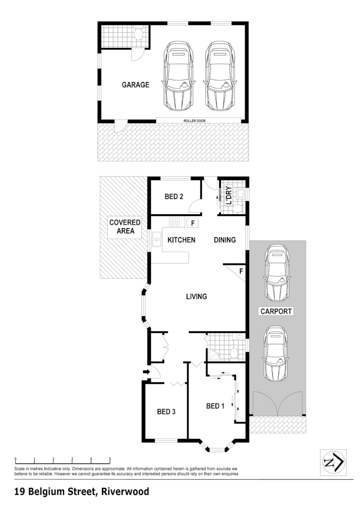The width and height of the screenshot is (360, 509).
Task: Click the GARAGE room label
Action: point(135,85)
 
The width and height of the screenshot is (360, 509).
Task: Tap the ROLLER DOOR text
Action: point(198,121)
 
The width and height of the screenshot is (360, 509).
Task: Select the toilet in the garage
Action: point(138,34)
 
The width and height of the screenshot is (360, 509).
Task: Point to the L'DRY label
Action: point(228,195)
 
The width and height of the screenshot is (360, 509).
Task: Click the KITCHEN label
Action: point(181,240)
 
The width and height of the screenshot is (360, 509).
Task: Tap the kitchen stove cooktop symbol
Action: point(174,222)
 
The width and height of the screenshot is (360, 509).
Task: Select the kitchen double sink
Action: point(156,240)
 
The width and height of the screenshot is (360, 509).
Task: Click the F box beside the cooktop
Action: point(193,223)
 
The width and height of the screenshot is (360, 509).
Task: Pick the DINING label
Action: point(224,240)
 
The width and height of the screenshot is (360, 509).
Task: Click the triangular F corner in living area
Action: point(240,272)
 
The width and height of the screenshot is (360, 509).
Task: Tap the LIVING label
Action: point(196,296)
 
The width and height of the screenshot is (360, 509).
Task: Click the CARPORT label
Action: point(276,311)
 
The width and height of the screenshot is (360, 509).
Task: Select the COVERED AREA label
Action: point(124,227)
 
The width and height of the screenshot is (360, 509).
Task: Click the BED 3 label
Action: point(167,412)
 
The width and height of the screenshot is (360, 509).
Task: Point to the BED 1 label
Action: point(215,406)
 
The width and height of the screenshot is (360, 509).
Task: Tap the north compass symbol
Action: point(333,462)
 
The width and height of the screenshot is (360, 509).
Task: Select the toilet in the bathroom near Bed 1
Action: point(234,352)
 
